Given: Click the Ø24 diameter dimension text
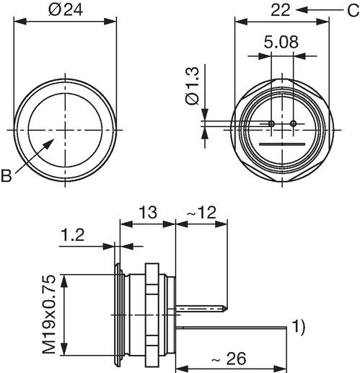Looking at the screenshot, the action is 66,10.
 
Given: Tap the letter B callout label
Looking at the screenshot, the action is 6,176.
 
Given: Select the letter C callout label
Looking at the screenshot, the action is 353,11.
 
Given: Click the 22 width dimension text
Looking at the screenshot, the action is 281,10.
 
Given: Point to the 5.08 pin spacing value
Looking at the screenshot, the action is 281,42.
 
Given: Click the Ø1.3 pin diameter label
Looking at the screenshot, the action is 193,86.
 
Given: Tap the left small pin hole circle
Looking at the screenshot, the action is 271,124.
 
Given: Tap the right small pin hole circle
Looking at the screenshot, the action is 293,124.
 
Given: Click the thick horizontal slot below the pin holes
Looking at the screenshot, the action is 282,144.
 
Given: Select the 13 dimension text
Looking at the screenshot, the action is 148,213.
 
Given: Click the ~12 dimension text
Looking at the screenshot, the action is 201,213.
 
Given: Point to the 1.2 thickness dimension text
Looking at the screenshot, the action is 73,235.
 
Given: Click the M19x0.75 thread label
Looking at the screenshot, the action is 49,315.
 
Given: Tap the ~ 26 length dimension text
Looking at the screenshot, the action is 229,359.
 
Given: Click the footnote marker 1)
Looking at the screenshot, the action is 298,328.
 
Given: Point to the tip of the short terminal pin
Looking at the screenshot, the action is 227,308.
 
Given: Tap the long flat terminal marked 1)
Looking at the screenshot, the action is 232,328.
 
